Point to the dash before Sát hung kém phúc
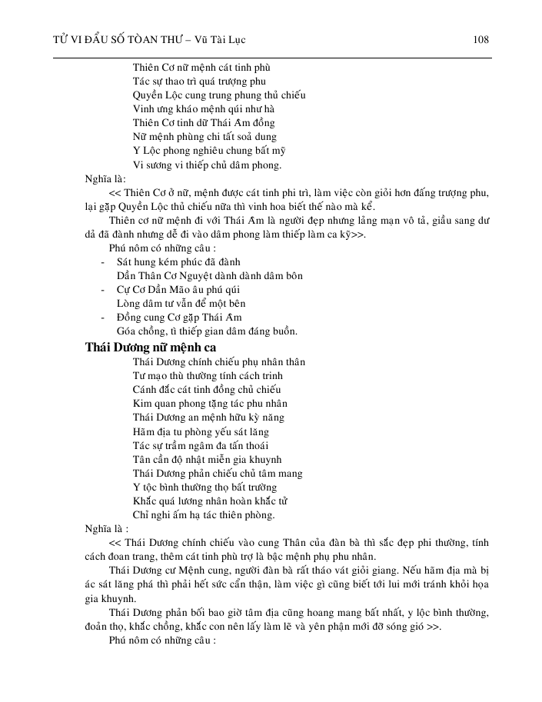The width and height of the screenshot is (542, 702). [104, 262]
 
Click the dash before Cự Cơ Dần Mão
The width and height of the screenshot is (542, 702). [104, 290]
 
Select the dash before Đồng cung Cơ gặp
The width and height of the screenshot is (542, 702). [104, 318]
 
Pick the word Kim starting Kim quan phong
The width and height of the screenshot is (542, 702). [142, 403]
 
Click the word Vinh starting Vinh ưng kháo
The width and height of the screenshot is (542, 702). [144, 109]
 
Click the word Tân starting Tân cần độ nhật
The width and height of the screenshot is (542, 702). [142, 459]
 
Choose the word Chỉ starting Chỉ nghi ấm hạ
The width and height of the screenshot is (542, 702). [141, 514]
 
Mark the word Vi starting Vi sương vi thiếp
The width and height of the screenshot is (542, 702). [138, 165]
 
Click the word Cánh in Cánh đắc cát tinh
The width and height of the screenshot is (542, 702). [146, 389]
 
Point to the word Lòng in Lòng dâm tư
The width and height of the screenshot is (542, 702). [129, 304]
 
